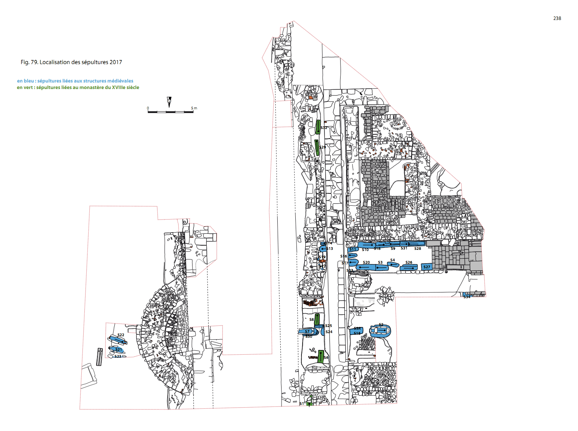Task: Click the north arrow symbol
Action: tap(169, 102)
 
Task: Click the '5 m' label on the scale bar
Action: tap(194, 108)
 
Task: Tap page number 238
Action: tap(557, 18)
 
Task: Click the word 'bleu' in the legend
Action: tap(29, 81)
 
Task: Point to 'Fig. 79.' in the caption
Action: tap(30, 62)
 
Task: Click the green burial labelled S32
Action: tap(318, 127)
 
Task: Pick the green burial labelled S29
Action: tap(317, 148)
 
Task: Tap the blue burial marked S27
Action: tap(427, 267)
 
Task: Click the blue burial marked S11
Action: tap(352, 249)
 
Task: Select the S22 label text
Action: tap(121, 335)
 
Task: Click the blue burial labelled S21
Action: tap(116, 349)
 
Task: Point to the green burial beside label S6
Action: tap(321, 356)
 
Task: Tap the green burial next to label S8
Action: tap(317, 319)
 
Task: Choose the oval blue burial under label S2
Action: tap(380, 331)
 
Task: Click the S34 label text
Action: tap(467, 297)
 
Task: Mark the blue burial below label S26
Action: tap(408, 268)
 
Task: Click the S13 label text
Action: tap(330, 249)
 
